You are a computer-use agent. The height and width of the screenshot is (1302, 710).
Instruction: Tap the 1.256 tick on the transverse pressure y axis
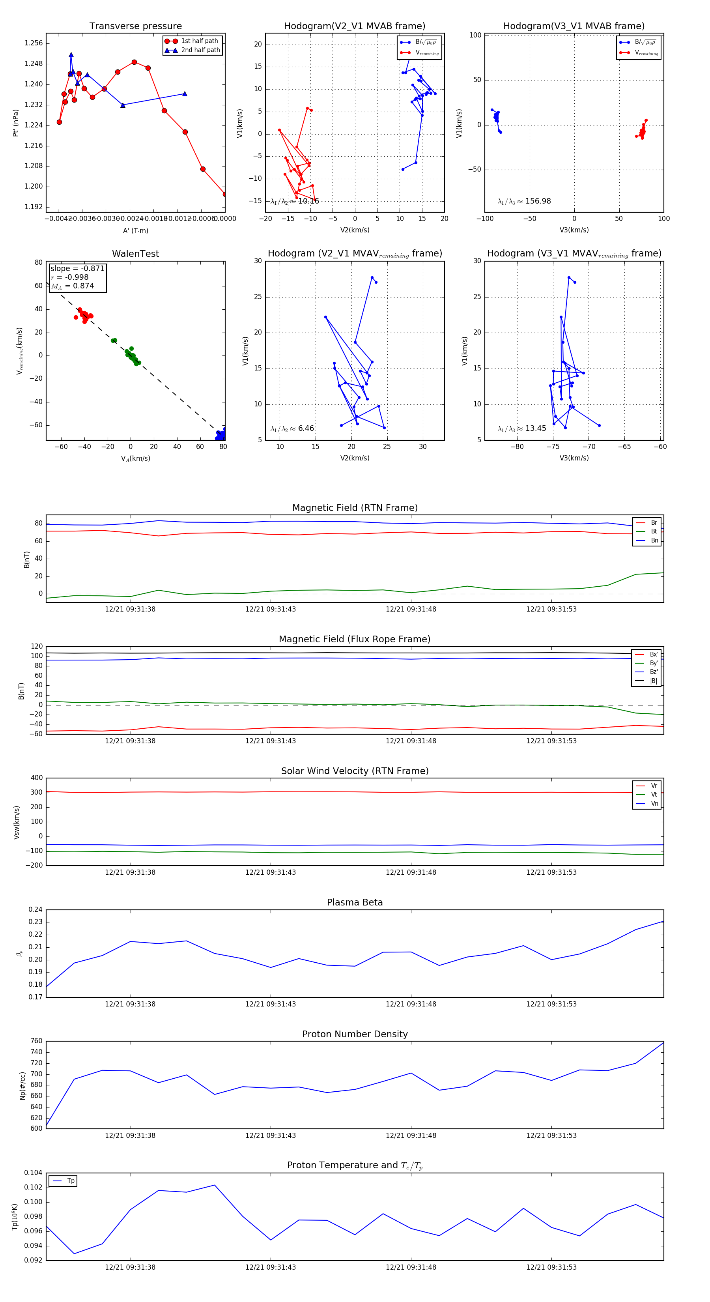34,43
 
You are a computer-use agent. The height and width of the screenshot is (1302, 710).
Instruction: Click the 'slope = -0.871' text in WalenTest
77,268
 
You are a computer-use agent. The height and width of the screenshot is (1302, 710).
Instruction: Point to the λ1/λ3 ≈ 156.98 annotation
524,201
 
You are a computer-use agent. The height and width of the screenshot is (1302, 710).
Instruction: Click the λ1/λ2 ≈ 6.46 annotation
292,428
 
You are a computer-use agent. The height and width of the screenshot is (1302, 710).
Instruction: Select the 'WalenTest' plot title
135,254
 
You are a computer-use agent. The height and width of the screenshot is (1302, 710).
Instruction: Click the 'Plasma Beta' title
355,902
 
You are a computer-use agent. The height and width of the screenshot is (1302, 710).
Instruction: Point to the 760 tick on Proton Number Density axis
36,1041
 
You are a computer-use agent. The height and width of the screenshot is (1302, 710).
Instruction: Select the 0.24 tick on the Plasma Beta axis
35,909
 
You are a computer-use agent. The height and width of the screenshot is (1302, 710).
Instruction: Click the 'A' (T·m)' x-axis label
135,230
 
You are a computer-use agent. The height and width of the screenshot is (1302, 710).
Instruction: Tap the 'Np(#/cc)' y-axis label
22,1085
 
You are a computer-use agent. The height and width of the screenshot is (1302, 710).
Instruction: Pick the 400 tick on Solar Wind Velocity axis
36,778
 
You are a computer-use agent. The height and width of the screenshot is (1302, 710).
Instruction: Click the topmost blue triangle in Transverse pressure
71,54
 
